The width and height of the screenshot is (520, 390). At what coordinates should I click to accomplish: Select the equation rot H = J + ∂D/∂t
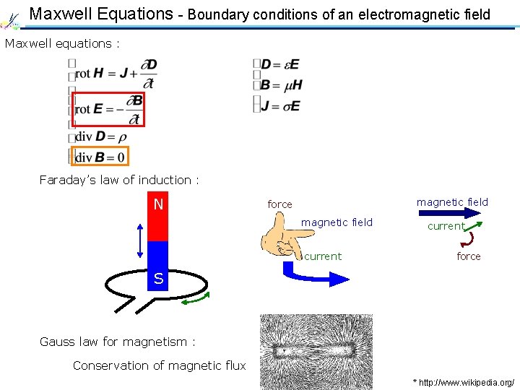click(x=114, y=71)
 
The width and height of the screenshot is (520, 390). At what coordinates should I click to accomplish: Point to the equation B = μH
click(x=281, y=85)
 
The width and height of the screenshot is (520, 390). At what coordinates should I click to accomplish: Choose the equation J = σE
click(x=280, y=105)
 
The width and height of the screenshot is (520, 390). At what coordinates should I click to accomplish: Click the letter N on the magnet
click(x=158, y=205)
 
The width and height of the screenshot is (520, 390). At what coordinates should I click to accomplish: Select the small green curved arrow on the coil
click(x=196, y=298)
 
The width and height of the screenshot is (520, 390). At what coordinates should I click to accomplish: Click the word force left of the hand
click(x=279, y=204)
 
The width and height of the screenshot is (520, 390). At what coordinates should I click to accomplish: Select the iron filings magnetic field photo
click(x=316, y=352)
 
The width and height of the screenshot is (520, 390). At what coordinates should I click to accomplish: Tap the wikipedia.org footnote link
click(x=463, y=381)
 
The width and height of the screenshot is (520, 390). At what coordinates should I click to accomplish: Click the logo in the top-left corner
click(x=13, y=17)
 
